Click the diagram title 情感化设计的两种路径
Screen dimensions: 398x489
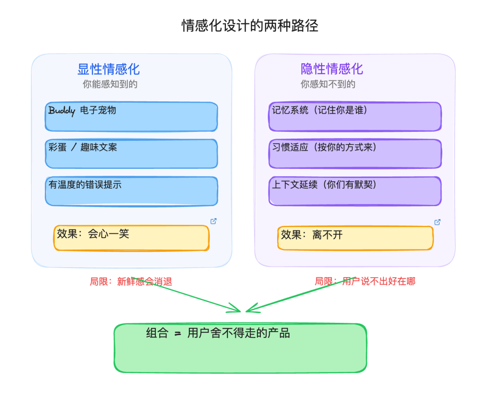(250, 26)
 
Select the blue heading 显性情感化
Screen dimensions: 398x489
(109, 69)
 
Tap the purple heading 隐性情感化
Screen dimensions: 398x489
(332, 69)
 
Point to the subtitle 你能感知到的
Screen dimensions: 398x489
(110, 84)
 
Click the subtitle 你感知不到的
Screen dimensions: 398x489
(328, 84)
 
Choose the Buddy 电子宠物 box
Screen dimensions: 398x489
(131, 117)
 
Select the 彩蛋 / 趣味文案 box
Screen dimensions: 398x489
(131, 153)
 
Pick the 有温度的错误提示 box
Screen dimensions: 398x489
(131, 191)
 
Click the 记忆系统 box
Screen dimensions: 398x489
(355, 117)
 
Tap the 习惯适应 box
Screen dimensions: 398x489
(355, 153)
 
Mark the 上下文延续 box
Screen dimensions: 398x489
(355, 191)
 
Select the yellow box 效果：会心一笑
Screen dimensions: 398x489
(131, 238)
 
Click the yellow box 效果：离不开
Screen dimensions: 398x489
(355, 238)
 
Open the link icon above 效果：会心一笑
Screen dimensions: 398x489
(214, 221)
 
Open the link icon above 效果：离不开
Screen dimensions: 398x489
(437, 222)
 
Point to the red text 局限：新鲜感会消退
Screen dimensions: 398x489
(131, 282)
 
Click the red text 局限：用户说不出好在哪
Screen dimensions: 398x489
(365, 282)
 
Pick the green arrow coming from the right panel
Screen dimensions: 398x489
(299, 295)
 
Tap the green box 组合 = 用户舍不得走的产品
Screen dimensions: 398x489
(240, 348)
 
